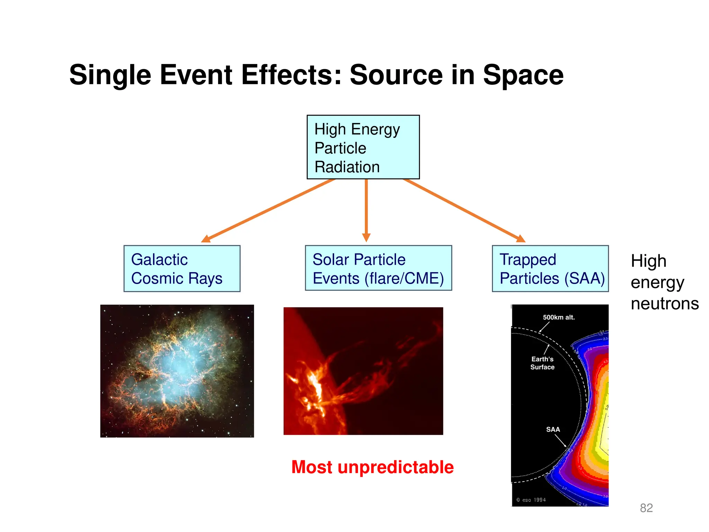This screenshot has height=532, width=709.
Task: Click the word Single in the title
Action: (x=110, y=75)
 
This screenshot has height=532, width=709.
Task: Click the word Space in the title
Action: (x=523, y=75)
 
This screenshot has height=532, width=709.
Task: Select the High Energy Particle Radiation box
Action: (x=363, y=147)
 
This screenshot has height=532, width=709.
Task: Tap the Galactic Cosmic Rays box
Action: (x=182, y=269)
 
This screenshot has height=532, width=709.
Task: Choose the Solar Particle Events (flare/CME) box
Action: (x=378, y=268)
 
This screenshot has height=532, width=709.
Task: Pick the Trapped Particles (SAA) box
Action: (x=550, y=269)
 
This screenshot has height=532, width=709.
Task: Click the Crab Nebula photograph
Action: (x=177, y=371)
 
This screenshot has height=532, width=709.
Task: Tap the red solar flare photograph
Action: (x=363, y=371)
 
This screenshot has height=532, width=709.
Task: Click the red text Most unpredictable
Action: (x=373, y=467)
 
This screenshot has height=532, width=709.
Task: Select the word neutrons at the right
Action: (x=665, y=303)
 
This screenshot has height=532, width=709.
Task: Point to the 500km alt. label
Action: (x=558, y=317)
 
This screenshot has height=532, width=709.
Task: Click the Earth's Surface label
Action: (x=542, y=363)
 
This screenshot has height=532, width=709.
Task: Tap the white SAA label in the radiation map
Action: (x=553, y=429)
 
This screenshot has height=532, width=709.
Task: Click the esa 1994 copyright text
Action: (x=531, y=500)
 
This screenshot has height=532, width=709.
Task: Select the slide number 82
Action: (x=646, y=508)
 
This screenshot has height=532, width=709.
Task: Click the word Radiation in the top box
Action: (x=347, y=167)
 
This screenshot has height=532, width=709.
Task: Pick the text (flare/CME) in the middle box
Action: (x=404, y=278)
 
